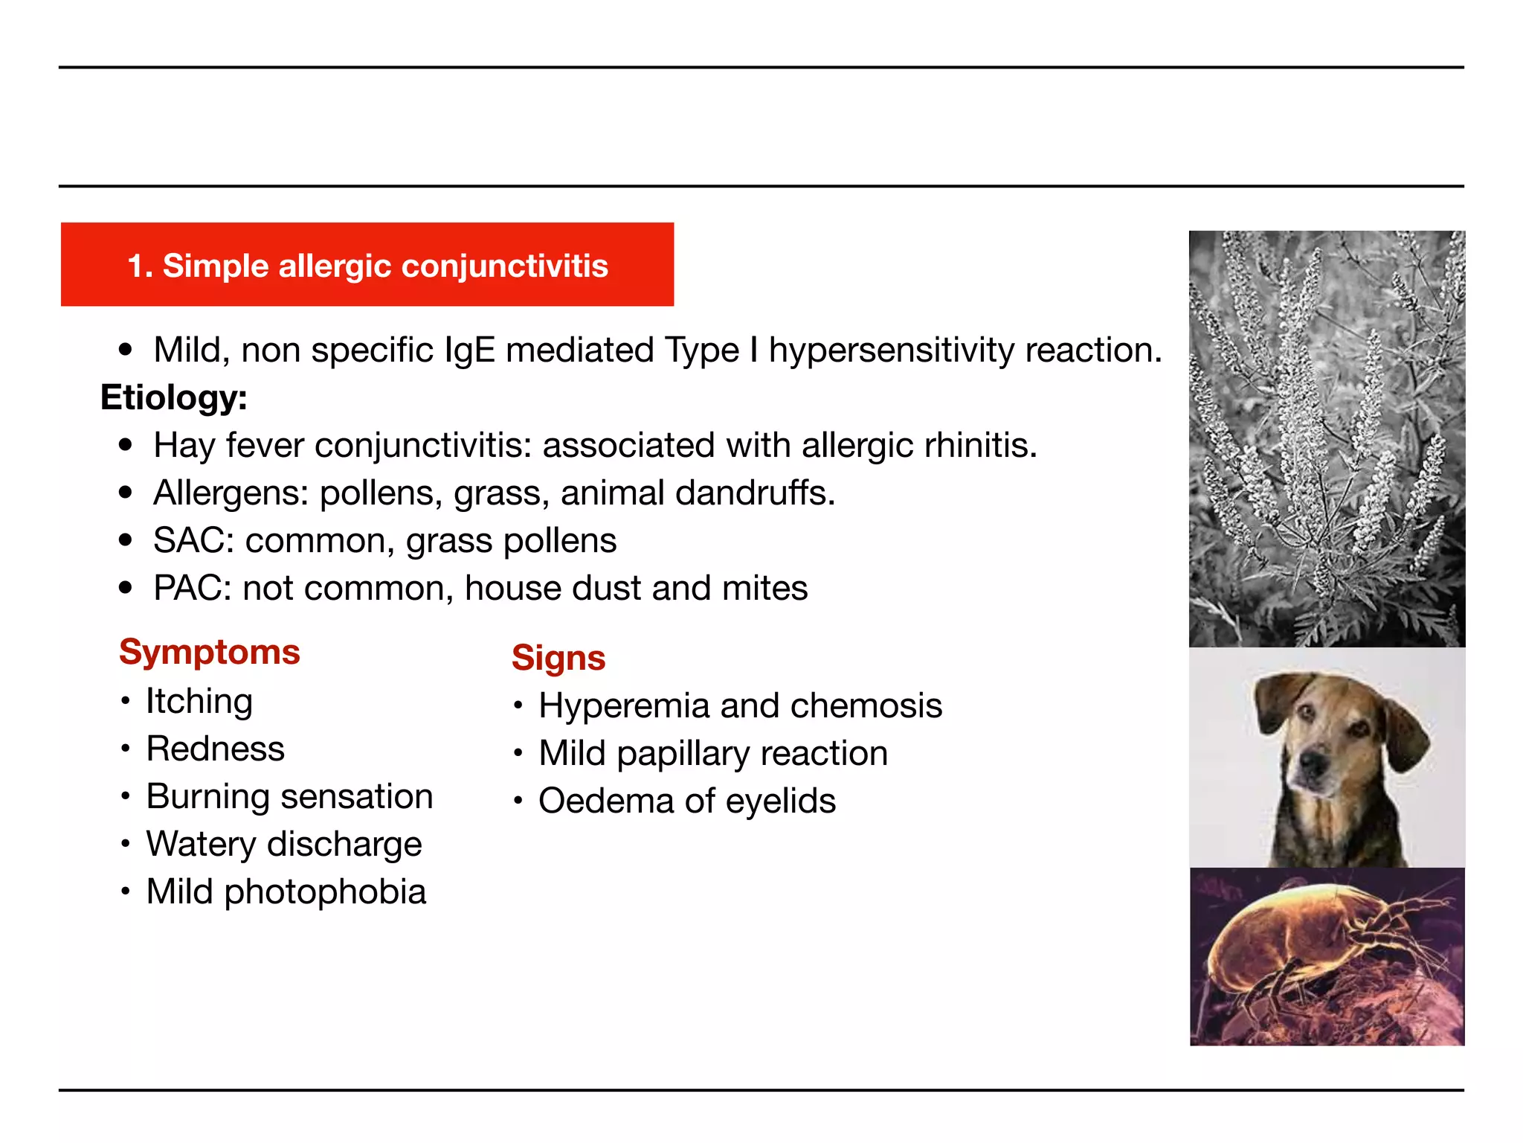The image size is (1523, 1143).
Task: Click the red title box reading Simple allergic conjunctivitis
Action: pos(367,265)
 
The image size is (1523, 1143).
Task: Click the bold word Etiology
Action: pos(173,397)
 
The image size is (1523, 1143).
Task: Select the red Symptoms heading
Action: pos(209,652)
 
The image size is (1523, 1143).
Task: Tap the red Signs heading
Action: pos(558,658)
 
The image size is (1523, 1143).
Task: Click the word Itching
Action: pos(199,701)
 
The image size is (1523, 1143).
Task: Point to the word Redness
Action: pos(215,749)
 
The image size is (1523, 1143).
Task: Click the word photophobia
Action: pos(325,892)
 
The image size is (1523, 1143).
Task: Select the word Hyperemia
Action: pos(623,705)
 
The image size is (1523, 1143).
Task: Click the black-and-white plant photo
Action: pos(1327,439)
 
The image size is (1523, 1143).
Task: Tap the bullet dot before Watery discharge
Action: pos(126,844)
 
